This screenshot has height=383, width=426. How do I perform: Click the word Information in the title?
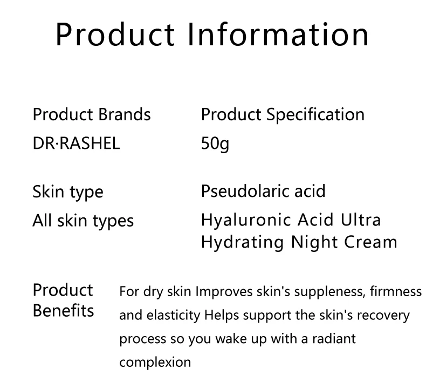(x=278, y=35)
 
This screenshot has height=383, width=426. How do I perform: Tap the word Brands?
(x=125, y=114)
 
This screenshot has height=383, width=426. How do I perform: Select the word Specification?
(x=315, y=115)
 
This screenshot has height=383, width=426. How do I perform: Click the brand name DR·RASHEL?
(x=76, y=143)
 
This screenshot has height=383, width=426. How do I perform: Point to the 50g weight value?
(x=215, y=144)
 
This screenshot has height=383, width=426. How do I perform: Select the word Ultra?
(x=361, y=220)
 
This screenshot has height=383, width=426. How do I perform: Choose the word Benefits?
(x=63, y=310)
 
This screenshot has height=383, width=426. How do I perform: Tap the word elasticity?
(x=173, y=316)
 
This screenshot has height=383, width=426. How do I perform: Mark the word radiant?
(x=334, y=339)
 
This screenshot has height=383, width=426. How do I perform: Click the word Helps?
(x=222, y=316)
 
